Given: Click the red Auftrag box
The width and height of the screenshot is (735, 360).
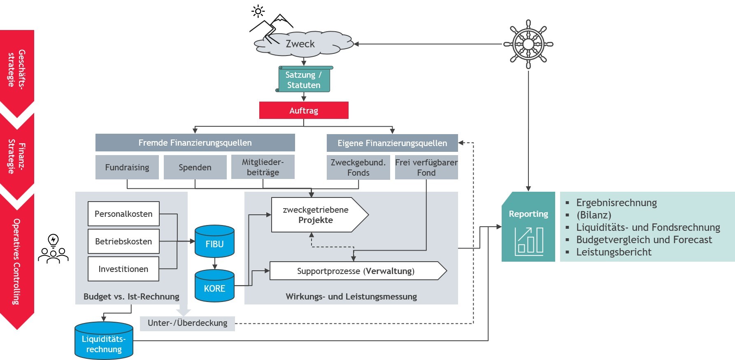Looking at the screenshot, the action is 304,110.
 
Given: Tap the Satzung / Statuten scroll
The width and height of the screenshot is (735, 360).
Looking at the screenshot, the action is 304,79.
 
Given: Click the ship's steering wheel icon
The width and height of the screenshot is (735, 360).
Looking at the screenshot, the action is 528,44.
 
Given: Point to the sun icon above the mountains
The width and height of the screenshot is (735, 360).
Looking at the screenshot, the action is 258,11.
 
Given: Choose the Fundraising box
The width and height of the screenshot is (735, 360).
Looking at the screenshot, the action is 127,167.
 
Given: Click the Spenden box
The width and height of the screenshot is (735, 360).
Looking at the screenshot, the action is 195,167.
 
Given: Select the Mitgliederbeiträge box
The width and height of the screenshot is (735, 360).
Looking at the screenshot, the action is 263,167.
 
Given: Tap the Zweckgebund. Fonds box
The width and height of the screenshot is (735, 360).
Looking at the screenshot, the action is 358,167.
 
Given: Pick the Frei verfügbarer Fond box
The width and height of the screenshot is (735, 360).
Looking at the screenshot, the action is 426,167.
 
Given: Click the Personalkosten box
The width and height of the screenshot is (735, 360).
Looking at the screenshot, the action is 123,214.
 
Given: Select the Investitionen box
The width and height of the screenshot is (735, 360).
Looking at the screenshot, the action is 123,269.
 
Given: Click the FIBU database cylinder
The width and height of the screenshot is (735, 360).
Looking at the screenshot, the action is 214,241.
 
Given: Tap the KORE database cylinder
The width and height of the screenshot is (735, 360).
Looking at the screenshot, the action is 214,286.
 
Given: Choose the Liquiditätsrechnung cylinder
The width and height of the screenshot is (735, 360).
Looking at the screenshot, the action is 104,341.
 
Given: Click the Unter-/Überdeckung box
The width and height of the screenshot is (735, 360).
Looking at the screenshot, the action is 187,323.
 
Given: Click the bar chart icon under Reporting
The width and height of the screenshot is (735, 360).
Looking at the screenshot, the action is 529,242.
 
